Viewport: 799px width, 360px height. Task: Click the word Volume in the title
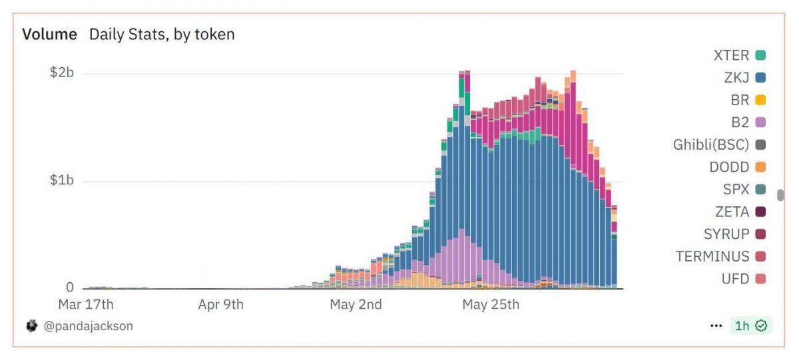(49, 34)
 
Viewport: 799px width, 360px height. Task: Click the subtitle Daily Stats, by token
(162, 34)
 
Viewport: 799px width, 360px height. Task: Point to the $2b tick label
(62, 73)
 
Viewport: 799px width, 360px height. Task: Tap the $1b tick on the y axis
(62, 180)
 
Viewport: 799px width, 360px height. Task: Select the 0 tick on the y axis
(69, 287)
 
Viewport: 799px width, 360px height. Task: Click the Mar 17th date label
(86, 305)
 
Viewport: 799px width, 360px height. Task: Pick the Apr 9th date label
(221, 305)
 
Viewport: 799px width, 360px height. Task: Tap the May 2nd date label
(356, 305)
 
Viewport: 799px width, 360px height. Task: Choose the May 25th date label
(491, 305)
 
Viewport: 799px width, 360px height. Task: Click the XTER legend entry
(732, 55)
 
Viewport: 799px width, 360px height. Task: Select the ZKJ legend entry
(737, 78)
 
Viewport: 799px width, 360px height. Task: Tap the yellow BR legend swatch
(760, 100)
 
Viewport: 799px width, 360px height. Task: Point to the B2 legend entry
(740, 122)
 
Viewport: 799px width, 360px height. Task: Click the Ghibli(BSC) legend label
(711, 144)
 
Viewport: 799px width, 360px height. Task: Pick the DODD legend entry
(730, 167)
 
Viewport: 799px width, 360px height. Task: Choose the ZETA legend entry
(732, 212)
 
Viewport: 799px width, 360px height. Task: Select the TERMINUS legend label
(712, 256)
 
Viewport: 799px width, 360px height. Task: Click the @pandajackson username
(89, 326)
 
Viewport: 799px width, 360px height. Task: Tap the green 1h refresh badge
(750, 326)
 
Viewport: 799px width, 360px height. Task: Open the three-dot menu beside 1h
(716, 326)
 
